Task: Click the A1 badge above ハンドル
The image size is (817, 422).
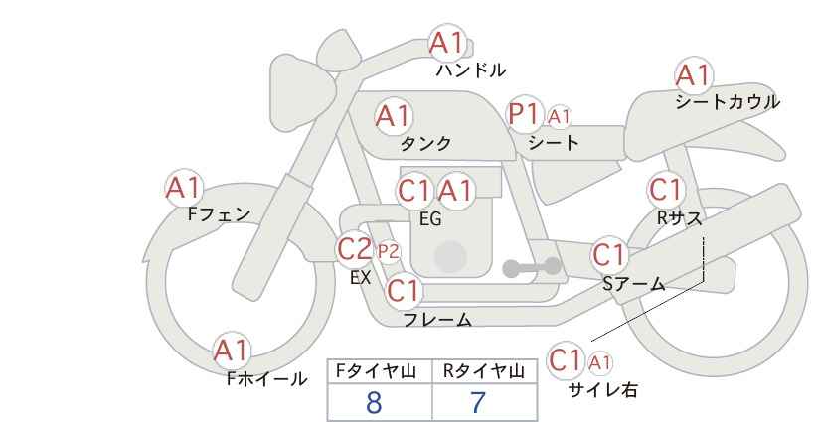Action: pos(447,43)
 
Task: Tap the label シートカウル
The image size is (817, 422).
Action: pos(727,102)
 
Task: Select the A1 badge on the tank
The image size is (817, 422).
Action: pos(394,116)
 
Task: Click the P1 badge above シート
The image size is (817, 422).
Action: pos(525,114)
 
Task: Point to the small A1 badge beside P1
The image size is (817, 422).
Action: pos(560,117)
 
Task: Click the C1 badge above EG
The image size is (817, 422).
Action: pos(414,190)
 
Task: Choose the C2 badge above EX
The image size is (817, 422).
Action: pos(355,248)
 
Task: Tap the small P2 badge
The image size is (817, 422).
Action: pos(387,251)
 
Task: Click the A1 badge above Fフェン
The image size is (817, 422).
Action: pos(183,187)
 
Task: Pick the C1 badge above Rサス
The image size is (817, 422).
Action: pos(665,189)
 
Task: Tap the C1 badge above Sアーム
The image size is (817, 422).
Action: pos(609,254)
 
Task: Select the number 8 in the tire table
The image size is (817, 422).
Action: pos(374,402)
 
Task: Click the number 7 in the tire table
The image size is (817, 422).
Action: pos(478,402)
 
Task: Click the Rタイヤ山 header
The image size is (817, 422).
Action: pos(483,371)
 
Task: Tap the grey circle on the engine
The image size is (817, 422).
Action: pos(449,256)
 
